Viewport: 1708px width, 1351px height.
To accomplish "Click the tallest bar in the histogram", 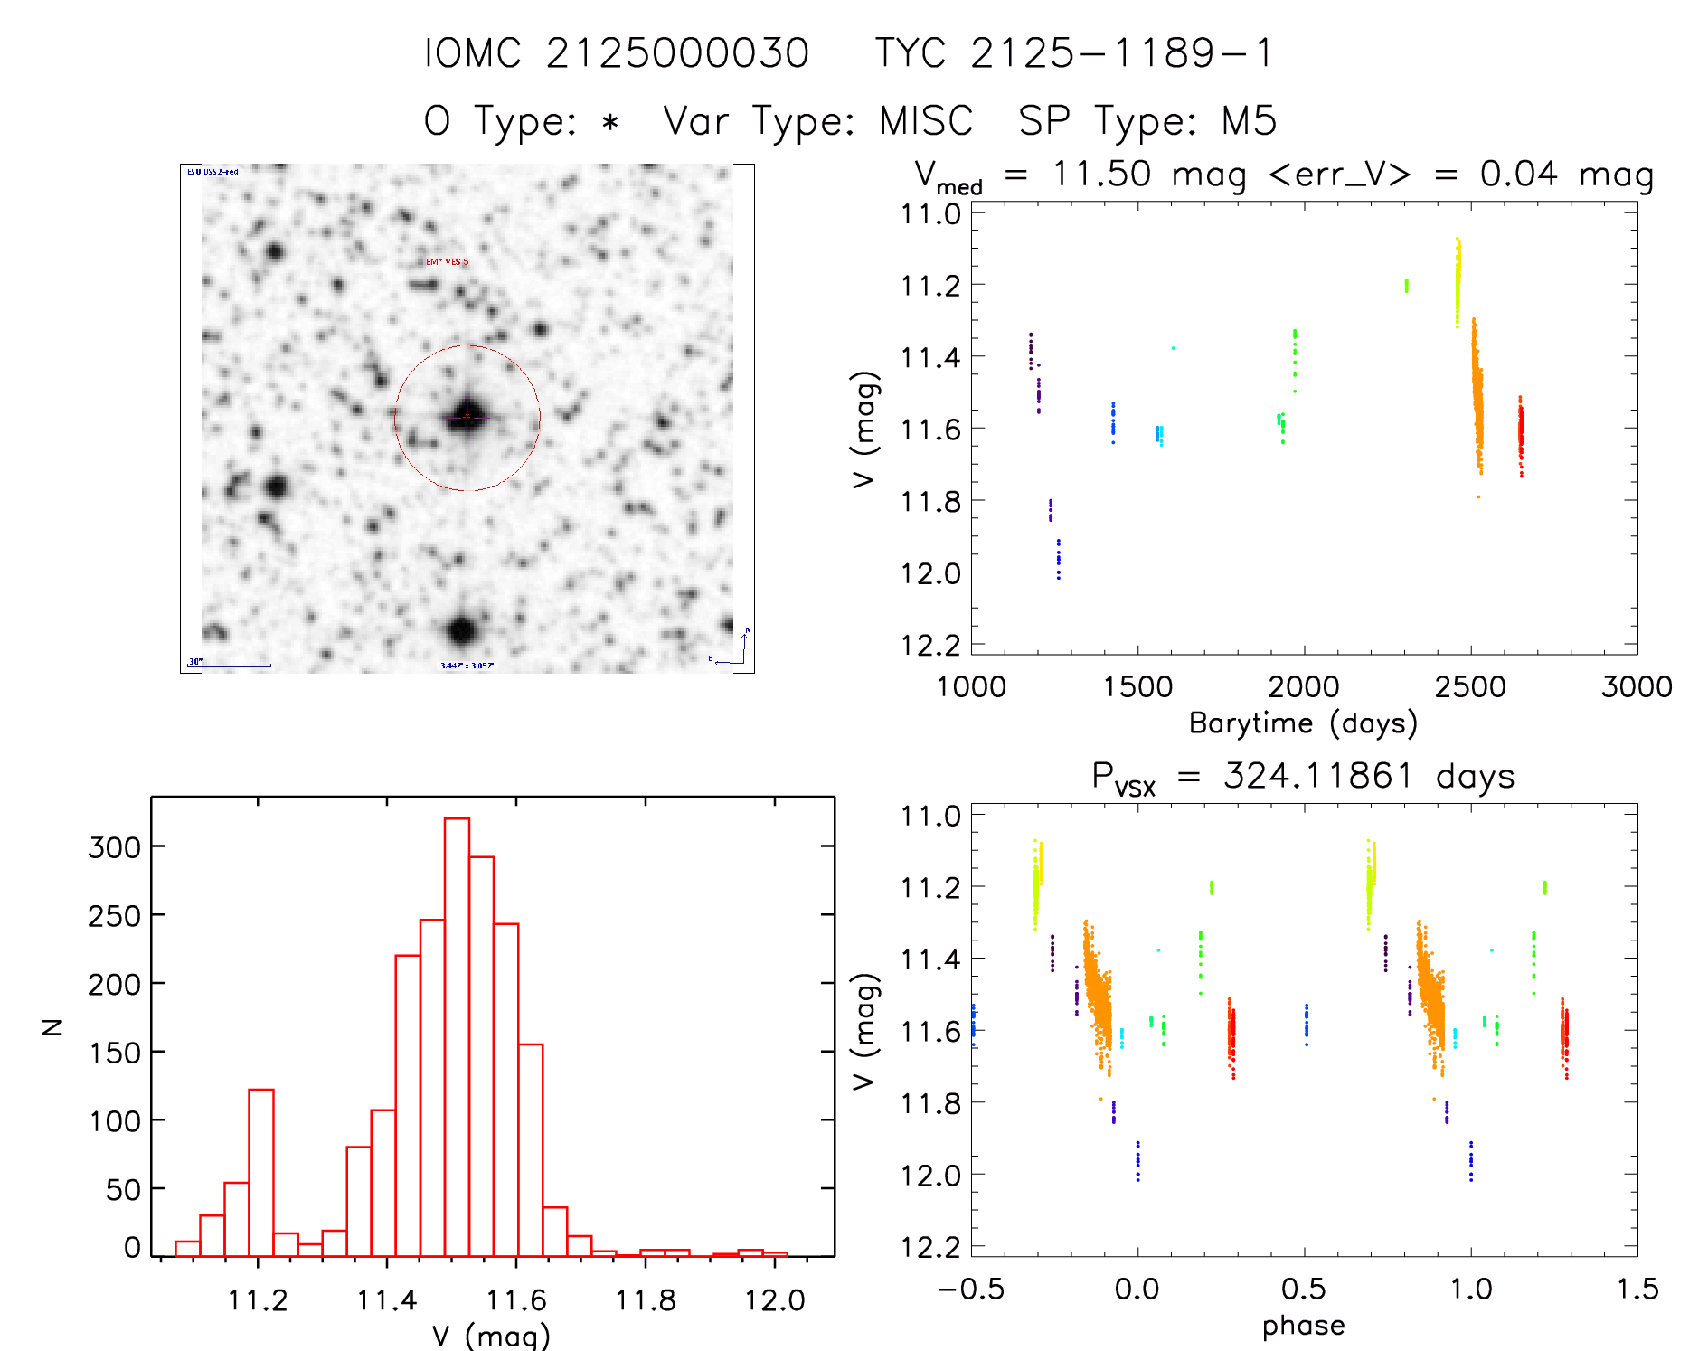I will (457, 1036).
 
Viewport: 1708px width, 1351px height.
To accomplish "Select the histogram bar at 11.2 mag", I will (260, 1172).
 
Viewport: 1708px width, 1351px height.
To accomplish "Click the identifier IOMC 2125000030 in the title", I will (617, 53).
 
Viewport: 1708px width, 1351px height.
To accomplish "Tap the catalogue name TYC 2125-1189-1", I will (1074, 53).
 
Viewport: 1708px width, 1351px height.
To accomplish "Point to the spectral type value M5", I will (1249, 121).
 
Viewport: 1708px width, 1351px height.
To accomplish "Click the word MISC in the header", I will (926, 121).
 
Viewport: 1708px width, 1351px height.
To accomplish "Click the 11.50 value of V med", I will (1101, 174).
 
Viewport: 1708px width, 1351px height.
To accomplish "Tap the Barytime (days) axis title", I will (1303, 723).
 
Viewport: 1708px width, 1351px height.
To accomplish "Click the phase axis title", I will (1303, 1326).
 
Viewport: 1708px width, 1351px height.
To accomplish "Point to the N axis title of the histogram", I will (53, 1026).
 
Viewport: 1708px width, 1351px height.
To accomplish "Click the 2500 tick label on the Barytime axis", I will (1470, 687).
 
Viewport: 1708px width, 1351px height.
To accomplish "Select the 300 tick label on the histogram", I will (115, 847).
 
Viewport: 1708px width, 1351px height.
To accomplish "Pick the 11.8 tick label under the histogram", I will (646, 1300).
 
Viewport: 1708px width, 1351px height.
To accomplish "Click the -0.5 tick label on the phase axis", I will (971, 1290).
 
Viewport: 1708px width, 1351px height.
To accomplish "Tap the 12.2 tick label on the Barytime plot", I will (930, 645).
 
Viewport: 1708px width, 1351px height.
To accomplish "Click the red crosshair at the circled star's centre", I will (467, 417).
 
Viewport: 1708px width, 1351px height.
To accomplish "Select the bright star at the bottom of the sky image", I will (462, 630).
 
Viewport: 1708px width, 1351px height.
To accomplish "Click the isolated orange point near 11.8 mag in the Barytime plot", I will (1478, 496).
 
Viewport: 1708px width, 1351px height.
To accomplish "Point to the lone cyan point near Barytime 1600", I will (1173, 348).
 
